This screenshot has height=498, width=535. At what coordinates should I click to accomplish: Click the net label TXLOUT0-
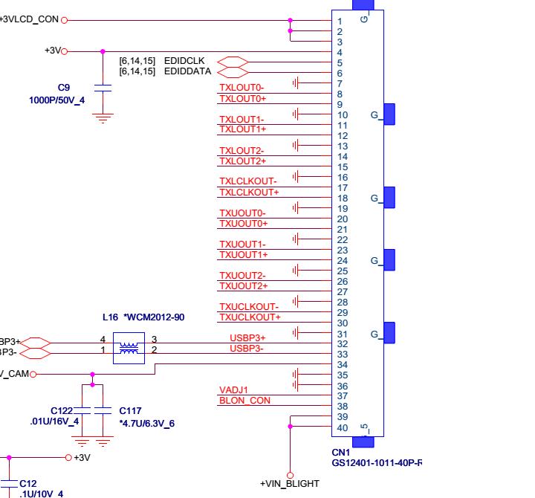pyautogui.click(x=241, y=88)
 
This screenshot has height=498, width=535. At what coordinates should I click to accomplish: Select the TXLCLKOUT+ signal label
pyautogui.click(x=249, y=193)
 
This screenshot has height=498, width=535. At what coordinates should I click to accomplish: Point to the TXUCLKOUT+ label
pyautogui.click(x=250, y=317)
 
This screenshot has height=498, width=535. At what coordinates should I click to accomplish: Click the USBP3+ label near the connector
pyautogui.click(x=247, y=338)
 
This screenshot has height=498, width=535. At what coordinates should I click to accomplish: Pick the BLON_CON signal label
pyautogui.click(x=244, y=401)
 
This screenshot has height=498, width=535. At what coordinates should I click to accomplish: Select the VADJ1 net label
pyautogui.click(x=233, y=390)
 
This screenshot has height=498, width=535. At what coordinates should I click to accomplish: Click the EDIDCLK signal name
pyautogui.click(x=184, y=61)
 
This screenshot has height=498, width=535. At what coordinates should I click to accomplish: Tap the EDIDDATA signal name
pyautogui.click(x=188, y=71)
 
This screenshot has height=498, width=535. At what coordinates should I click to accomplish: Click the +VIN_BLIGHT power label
pyautogui.click(x=290, y=484)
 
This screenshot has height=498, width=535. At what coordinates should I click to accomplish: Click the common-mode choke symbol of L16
pyautogui.click(x=129, y=347)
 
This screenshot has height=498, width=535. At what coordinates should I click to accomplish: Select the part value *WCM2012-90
pyautogui.click(x=154, y=317)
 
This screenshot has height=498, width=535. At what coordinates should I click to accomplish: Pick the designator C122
pyautogui.click(x=62, y=410)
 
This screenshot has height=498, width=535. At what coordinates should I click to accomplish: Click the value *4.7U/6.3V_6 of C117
pyautogui.click(x=146, y=424)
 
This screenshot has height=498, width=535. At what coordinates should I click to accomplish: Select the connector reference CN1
pyautogui.click(x=340, y=452)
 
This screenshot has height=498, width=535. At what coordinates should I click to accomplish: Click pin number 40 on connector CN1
pyautogui.click(x=342, y=428)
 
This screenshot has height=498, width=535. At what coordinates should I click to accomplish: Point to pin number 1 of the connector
pyautogui.click(x=340, y=22)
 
